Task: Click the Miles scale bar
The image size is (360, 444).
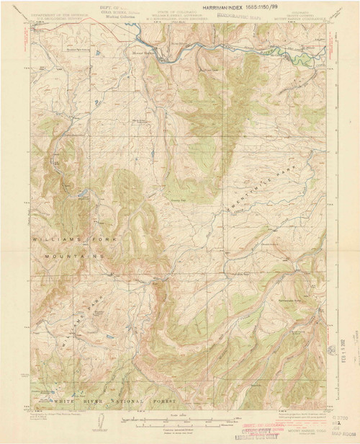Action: tap(174, 417)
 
